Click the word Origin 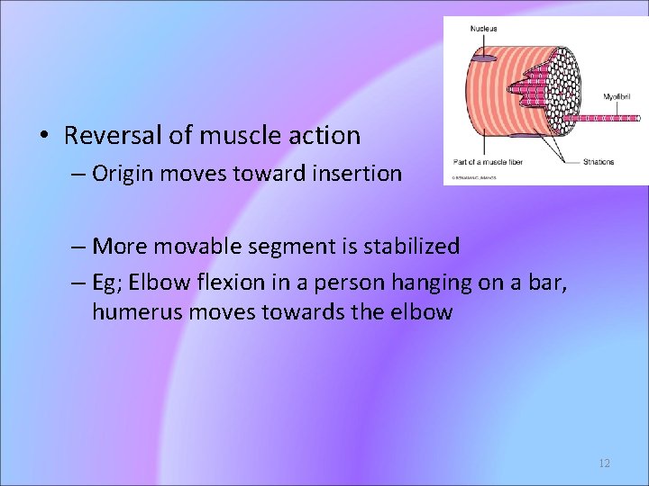pyautogui.click(x=123, y=173)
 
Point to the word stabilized pyautogui.click(x=411, y=246)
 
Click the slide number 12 pyautogui.click(x=604, y=463)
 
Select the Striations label pyautogui.click(x=599, y=162)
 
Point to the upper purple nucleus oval pyautogui.click(x=485, y=58)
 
